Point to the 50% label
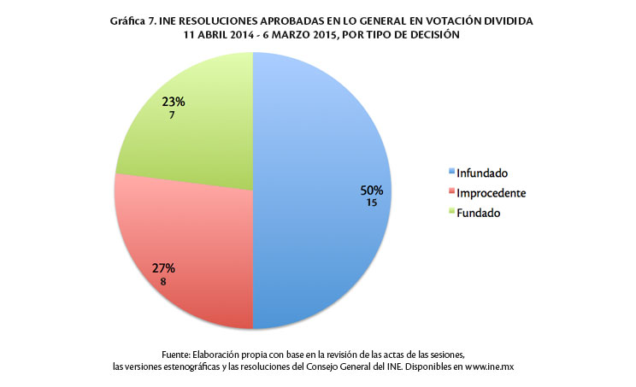372,191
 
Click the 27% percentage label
163,268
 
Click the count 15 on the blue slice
372,203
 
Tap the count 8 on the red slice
163,281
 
